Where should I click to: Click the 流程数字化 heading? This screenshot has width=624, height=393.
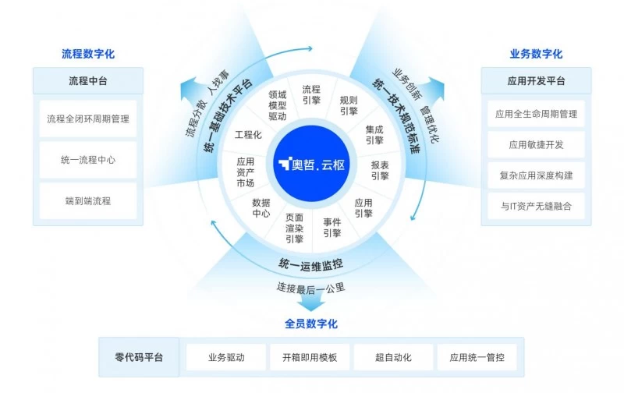coord(88,55)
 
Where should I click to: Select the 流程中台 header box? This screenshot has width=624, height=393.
coord(88,81)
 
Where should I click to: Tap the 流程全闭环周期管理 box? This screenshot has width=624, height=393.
coord(88,119)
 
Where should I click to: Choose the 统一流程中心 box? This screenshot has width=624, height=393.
coord(88,160)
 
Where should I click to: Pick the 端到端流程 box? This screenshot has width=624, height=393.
coord(88,200)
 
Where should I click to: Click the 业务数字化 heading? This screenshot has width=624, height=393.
coord(536,55)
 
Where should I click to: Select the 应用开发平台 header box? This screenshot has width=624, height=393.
coord(536,81)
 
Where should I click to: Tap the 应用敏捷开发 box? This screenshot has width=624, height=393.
coord(536,144)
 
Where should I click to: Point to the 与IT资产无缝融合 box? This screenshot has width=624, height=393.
coord(536,206)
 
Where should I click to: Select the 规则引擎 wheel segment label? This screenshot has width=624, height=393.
coord(349,105)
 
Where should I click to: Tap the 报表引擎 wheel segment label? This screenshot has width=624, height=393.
coord(380,170)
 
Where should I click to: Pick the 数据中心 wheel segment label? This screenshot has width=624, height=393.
coord(261,207)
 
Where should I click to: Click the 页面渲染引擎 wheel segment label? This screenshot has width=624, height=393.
coord(294,228)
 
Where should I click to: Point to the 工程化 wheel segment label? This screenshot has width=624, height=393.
coord(248,135)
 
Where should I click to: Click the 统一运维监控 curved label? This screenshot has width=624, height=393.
coord(312,265)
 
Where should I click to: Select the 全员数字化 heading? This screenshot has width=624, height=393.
coord(311,324)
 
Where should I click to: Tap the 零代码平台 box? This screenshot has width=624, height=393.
coord(139,357)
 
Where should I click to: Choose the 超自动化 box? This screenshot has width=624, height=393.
coord(392,357)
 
